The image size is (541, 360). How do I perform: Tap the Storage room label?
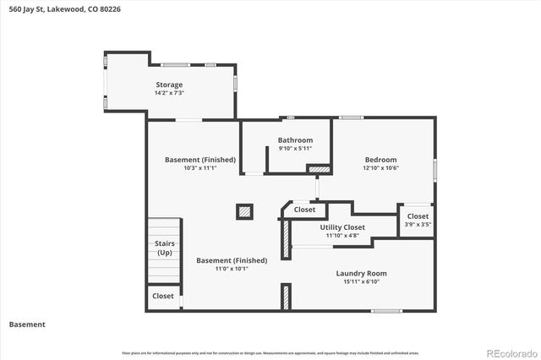point(169,85)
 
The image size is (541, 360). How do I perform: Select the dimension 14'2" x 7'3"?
point(169,93)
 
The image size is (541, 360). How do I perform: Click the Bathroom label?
point(295,140)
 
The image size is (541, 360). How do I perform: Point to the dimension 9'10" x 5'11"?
point(295,149)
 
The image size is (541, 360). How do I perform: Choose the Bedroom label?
point(380,160)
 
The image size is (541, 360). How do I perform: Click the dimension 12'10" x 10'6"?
point(380,168)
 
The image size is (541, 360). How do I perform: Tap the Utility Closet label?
point(342,227)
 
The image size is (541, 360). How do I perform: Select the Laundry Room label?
point(361,273)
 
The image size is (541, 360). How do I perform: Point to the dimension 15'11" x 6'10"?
point(361,281)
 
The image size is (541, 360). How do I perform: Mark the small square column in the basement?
point(244,210)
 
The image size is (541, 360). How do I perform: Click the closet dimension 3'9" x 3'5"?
point(418,225)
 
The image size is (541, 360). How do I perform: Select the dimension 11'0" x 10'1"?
point(232,269)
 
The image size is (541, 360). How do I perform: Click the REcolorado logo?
point(510,352)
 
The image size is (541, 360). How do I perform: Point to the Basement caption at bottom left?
point(27,325)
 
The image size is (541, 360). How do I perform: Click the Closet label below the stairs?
point(163,297)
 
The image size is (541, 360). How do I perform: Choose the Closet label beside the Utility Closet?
point(304,210)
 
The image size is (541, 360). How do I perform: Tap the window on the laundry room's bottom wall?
point(386,311)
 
